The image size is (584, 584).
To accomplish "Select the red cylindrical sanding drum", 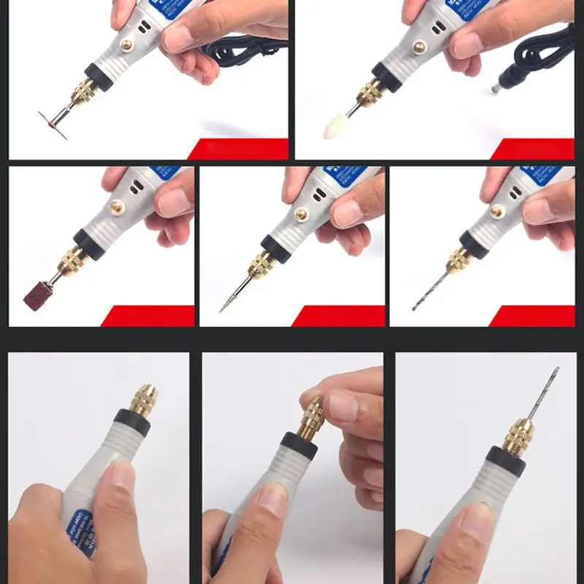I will (36, 294).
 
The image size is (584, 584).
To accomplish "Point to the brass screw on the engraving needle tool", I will (300, 215).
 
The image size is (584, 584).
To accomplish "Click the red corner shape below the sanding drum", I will (150, 316).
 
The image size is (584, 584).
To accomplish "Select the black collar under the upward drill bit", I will (505, 459).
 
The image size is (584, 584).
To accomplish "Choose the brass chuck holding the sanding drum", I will (73, 261).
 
